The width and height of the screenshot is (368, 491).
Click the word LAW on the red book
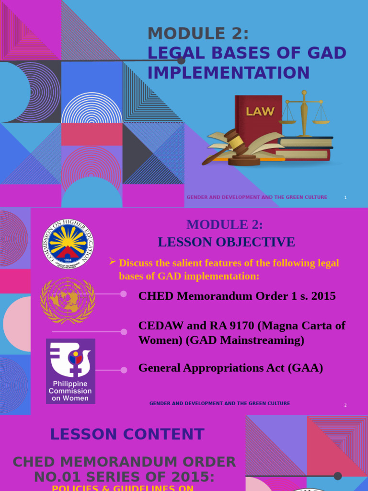point(260,112)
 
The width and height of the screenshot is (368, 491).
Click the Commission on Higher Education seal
point(68,244)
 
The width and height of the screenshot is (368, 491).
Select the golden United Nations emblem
point(68,299)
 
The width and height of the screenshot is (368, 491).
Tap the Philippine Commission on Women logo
point(70,371)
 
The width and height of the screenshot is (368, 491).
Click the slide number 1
point(345,198)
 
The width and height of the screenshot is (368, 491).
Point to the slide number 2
point(345,405)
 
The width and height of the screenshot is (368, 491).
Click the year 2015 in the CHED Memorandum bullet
point(322,296)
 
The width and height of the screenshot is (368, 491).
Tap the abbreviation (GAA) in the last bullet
point(305,368)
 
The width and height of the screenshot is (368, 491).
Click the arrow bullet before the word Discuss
point(113,261)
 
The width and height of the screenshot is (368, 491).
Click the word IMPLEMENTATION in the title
point(229,73)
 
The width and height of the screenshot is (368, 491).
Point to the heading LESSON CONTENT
point(127,434)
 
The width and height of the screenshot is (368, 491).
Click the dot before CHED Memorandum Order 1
point(124,294)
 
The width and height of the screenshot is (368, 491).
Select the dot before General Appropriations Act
point(124,370)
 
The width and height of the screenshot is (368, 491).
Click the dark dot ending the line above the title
point(181,60)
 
